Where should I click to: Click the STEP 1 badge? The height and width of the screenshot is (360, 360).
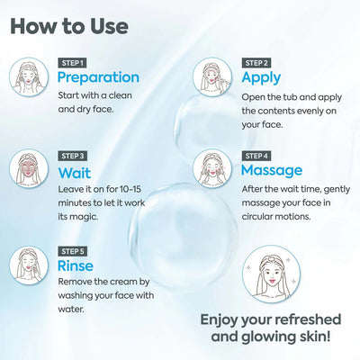click(72, 63)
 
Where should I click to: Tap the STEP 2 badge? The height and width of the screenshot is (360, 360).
click(256, 63)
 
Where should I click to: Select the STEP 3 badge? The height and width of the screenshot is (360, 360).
click(72, 156)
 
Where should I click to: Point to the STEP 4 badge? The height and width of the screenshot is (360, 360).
click(256, 156)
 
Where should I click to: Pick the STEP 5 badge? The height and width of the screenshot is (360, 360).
click(72, 251)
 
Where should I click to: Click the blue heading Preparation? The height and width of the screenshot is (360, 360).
click(98, 77)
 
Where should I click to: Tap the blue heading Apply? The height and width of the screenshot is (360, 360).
click(261, 77)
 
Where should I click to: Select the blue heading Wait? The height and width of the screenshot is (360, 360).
click(75, 173)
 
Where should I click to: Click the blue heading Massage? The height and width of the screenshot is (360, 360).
click(272, 171)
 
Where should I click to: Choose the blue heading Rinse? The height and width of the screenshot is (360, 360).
click(76, 265)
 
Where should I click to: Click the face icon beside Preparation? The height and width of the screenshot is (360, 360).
click(29, 76)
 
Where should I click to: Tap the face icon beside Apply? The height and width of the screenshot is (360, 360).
click(212, 76)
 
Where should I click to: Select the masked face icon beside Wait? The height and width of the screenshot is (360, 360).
click(29, 168)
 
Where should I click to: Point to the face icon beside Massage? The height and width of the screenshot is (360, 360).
click(212, 168)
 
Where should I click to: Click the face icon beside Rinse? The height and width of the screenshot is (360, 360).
click(29, 265)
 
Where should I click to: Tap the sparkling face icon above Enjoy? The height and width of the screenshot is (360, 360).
click(272, 274)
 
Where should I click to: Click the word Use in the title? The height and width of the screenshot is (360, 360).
click(109, 26)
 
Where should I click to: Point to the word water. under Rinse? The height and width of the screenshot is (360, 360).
click(70, 309)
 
